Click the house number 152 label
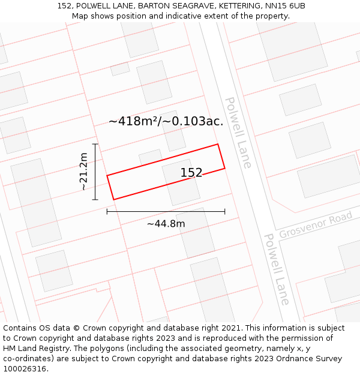pos(191,173)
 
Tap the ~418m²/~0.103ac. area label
pos(166,121)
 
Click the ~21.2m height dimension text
pos(83,172)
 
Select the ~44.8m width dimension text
pos(166,224)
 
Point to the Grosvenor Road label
pos(316,224)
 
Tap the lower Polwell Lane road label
pos(277,269)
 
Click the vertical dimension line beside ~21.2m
pos(95,172)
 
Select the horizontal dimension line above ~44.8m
pos(166,211)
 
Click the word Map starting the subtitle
pos(80,16)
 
